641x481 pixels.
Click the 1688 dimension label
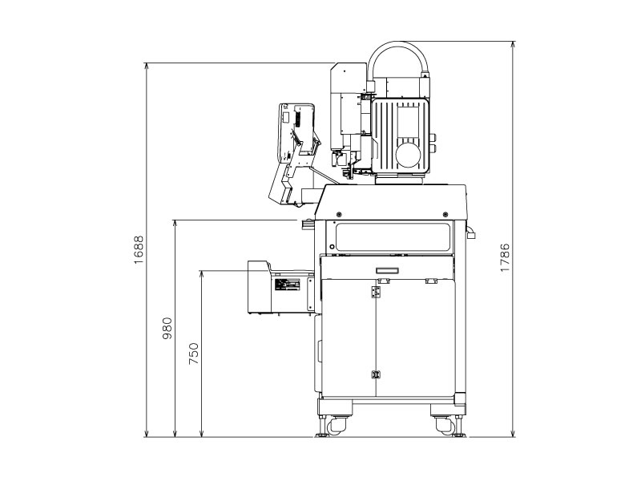(139, 250)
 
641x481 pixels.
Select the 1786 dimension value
(506, 257)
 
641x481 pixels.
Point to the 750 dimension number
(193, 354)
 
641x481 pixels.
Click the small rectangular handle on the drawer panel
(388, 270)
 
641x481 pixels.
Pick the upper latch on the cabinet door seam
(375, 294)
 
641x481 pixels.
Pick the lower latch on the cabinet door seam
(375, 374)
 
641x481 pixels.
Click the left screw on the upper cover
(340, 213)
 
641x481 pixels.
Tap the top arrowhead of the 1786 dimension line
(514, 46)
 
